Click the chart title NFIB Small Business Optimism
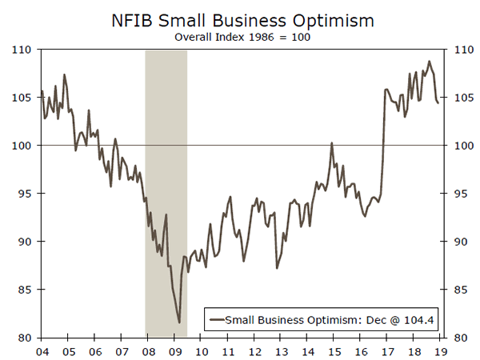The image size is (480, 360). click(239, 17)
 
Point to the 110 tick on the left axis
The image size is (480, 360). click(21, 50)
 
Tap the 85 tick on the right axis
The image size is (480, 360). click(456, 290)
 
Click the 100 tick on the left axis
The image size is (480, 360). click(21, 146)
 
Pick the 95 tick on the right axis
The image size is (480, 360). click(456, 194)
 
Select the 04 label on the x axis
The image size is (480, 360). click(42, 350)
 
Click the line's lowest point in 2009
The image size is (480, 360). click(179, 322)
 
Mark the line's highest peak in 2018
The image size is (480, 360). click(429, 62)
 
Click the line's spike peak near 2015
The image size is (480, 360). click(331, 143)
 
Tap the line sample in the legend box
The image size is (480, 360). click(215, 320)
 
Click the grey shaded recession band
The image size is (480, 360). click(166, 192)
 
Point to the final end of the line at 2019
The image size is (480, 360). click(438, 103)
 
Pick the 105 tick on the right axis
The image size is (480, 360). click(456, 98)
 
